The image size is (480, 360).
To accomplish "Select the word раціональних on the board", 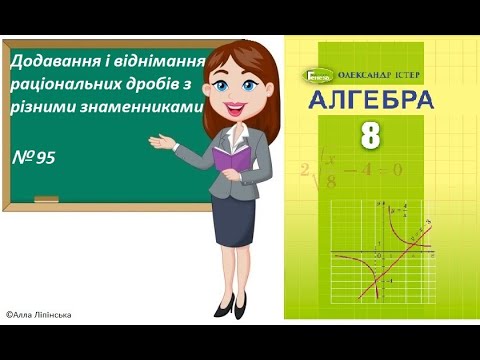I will click(x=63, y=84).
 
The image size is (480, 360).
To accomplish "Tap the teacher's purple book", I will click(x=232, y=159).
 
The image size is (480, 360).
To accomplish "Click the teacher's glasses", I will click(x=244, y=75).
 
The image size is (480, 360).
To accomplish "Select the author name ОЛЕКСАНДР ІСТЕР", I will click(x=380, y=73).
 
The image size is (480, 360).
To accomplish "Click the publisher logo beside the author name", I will click(x=314, y=73).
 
